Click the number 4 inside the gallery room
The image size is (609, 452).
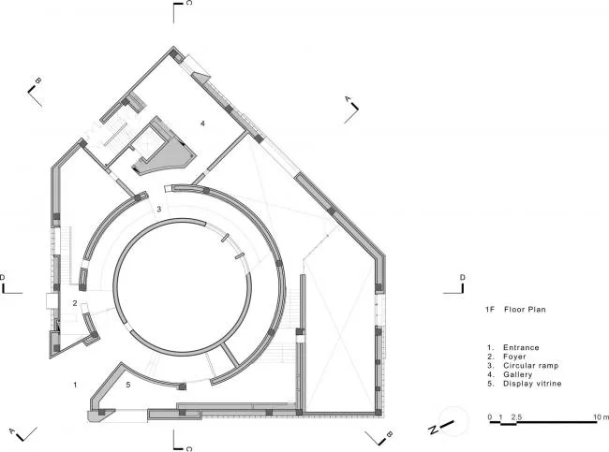click(202, 124)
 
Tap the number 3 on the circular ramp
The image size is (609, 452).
click(159, 209)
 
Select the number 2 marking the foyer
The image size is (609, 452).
click(75, 303)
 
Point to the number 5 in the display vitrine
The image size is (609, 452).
click(128, 385)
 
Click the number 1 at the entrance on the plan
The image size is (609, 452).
click(75, 385)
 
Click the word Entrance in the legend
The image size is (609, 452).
click(521, 347)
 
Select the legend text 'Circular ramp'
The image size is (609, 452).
click(531, 366)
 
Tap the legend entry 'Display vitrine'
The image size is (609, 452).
click(532, 384)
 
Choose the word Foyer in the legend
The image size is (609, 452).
click(514, 357)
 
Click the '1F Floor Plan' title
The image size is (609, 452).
click(515, 309)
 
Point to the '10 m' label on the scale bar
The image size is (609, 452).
click(602, 417)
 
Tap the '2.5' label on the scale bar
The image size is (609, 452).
click(516, 417)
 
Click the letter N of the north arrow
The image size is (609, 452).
click(433, 430)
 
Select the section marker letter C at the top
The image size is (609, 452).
click(188, 3)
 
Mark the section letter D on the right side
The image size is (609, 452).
click(463, 277)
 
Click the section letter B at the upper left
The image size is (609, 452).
click(38, 80)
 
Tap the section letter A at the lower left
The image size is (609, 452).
click(12, 431)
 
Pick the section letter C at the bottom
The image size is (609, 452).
click(188, 449)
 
